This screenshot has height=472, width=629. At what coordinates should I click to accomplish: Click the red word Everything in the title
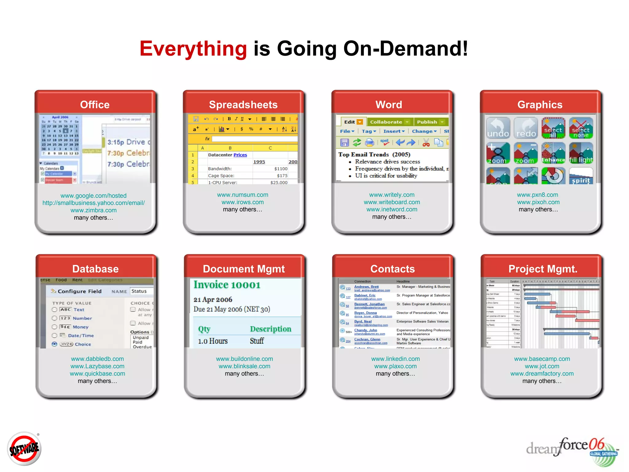pos(193,49)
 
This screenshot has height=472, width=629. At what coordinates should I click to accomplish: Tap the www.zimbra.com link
pos(93,210)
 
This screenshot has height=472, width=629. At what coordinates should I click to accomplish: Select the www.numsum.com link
pos(242,195)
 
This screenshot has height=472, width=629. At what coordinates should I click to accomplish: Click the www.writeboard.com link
pos(392,202)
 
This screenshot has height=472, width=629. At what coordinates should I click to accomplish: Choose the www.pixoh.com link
pos(538,202)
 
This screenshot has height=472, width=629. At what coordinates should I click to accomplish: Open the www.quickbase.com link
pos(97,374)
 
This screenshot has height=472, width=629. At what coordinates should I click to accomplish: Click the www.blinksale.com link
pos(244,366)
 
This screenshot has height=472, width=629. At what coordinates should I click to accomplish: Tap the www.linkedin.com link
pos(395,359)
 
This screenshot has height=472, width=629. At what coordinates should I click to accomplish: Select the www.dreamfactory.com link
pos(542,374)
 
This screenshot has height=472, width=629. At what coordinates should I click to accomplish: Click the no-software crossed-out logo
pos(24,449)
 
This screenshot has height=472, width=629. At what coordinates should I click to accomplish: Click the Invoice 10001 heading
pos(227,285)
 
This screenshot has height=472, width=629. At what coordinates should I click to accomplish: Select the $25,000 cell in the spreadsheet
pos(279,183)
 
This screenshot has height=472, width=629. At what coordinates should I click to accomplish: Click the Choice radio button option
pos(55,344)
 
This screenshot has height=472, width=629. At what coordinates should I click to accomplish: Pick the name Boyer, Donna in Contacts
pos(365,313)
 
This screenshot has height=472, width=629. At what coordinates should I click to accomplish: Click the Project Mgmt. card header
pos(543,269)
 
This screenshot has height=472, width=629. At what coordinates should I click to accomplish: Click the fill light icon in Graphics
pos(580,153)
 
